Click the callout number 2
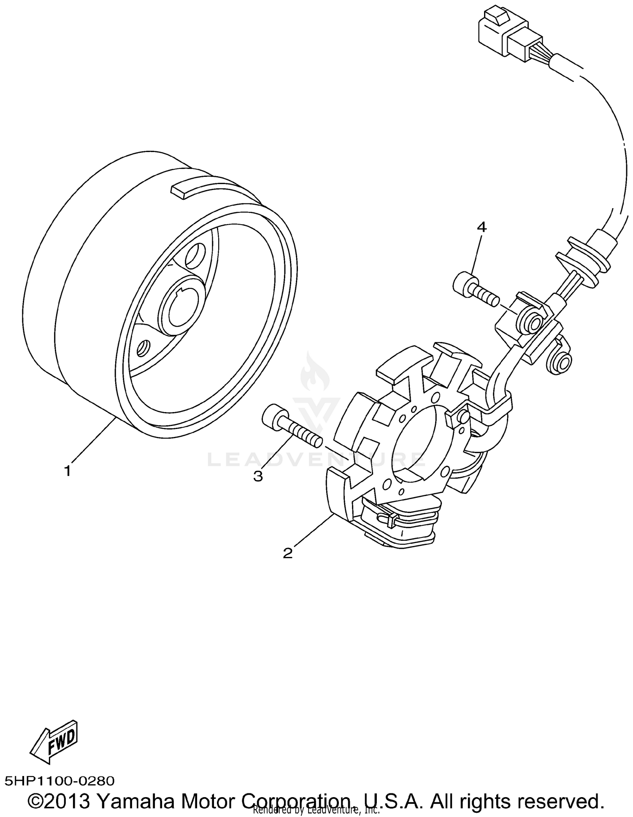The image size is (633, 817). (288, 553)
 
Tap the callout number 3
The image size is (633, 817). (258, 476)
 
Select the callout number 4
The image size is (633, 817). (482, 227)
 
